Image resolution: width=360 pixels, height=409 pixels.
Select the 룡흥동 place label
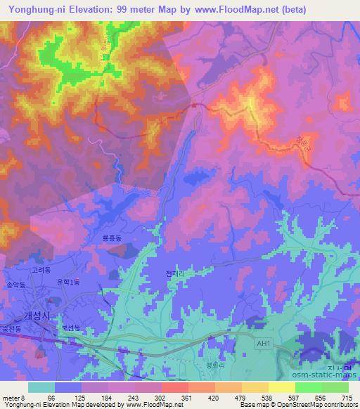112,239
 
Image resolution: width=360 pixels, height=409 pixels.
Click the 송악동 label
15,285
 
